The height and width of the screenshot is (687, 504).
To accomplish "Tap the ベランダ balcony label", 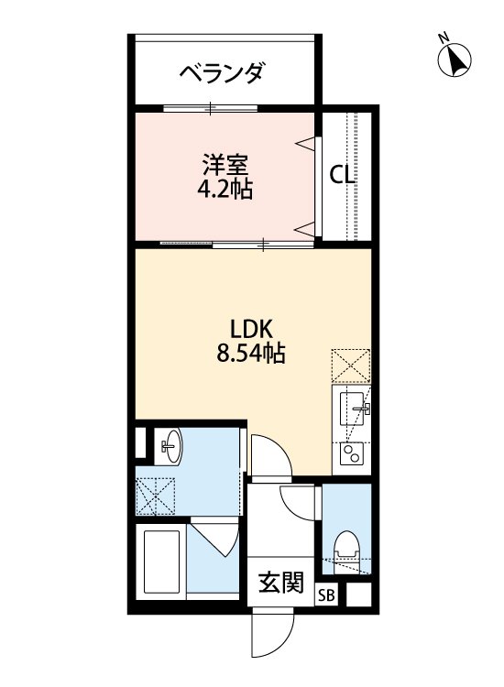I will click(x=222, y=72).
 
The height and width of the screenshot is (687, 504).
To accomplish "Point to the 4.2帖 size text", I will click(x=225, y=191).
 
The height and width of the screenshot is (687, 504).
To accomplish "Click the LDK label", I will click(x=247, y=329).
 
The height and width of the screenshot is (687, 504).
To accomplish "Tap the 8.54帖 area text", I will click(x=250, y=353).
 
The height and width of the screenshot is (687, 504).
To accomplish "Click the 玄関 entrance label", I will click(x=279, y=583).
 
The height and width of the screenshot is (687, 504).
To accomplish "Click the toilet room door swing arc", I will click(x=300, y=502).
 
